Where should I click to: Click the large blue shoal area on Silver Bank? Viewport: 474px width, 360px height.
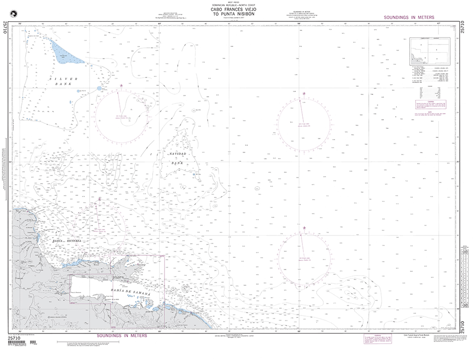[66, 54]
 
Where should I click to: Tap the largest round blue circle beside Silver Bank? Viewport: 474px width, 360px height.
[99, 88]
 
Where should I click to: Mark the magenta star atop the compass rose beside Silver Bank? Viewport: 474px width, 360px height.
[122, 86]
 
